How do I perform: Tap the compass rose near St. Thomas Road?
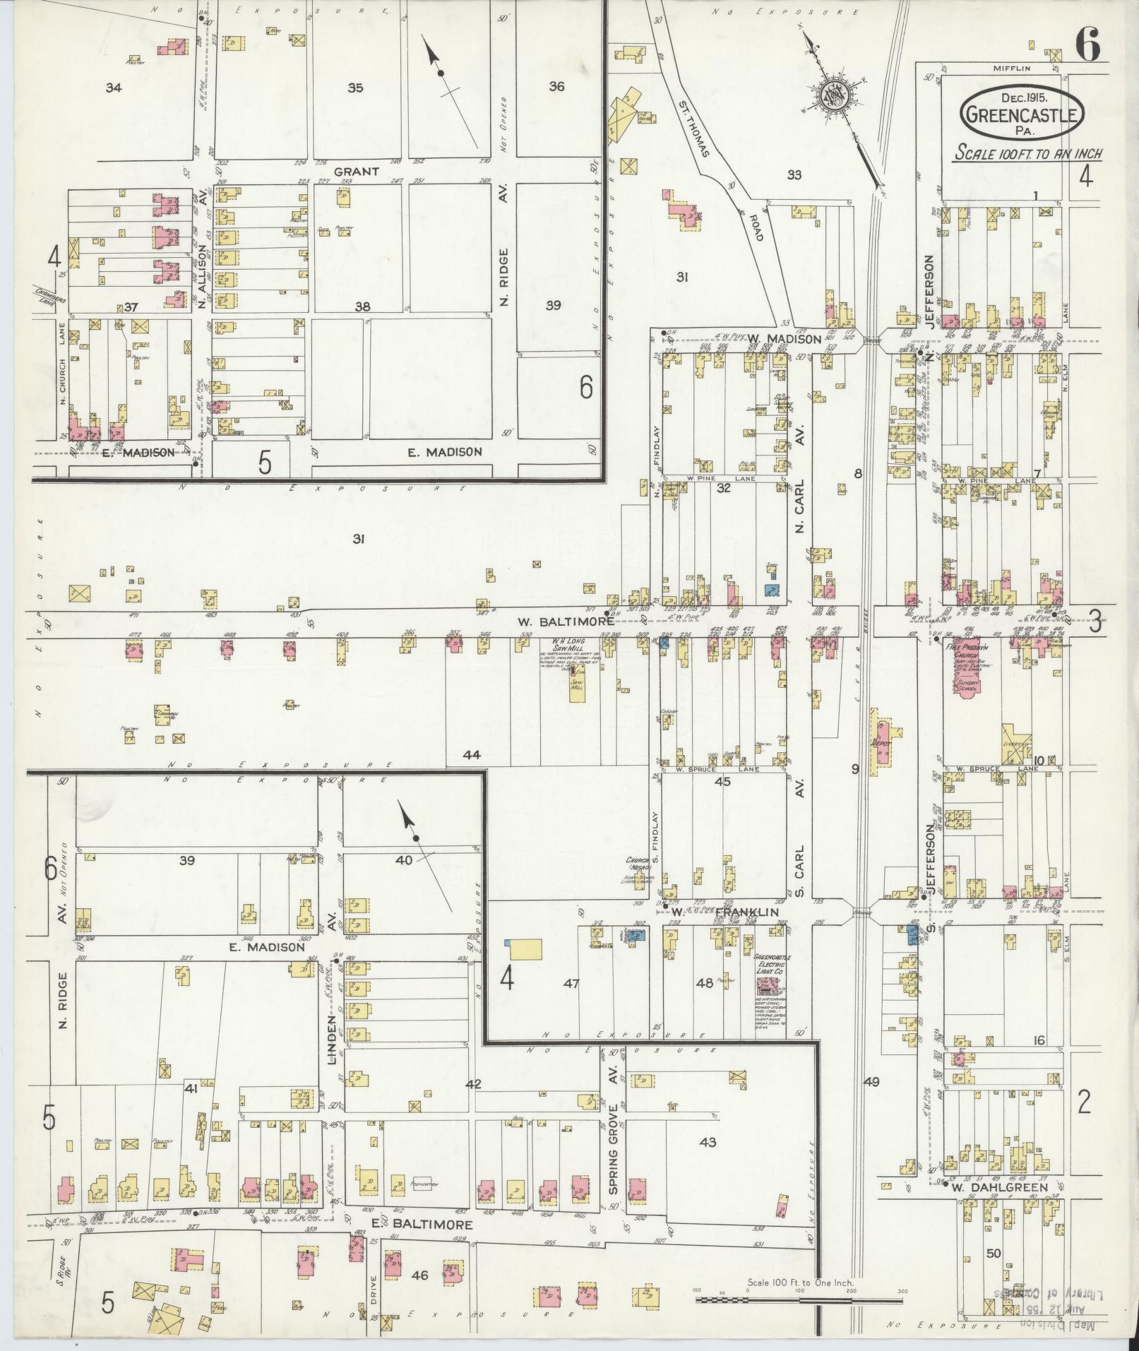[835, 93]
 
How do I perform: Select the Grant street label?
[357, 171]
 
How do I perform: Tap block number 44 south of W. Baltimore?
[472, 755]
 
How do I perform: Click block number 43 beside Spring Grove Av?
[708, 1142]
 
